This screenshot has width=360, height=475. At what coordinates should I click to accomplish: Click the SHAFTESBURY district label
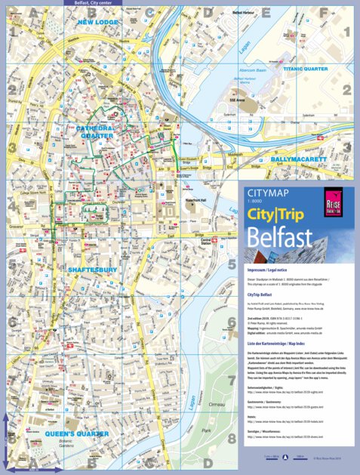point(91,269)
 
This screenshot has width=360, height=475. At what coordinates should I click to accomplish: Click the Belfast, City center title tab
point(91,3)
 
